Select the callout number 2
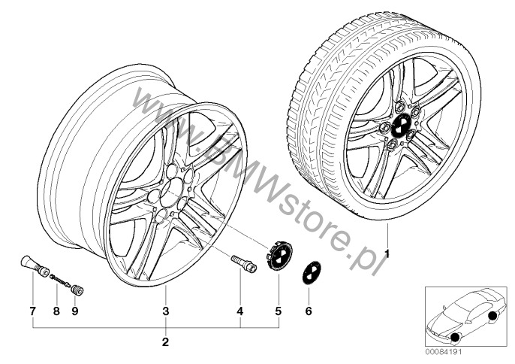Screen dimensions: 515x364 pyautogui.click(x=165, y=342)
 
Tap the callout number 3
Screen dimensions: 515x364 pyautogui.click(x=166, y=311)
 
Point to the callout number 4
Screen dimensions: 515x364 pyautogui.click(x=240, y=311)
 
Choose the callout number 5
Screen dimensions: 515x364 pyautogui.click(x=279, y=311)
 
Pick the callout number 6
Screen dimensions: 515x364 pyautogui.click(x=309, y=311)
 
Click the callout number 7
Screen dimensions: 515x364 pyautogui.click(x=32, y=311)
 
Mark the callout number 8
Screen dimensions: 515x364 pyautogui.click(x=56, y=311)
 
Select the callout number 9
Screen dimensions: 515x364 pyautogui.click(x=75, y=311)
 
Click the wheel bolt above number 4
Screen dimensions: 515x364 pyautogui.click(x=244, y=263)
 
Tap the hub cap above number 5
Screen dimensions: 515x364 pyautogui.click(x=279, y=257)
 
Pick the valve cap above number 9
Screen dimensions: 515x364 pyautogui.click(x=78, y=290)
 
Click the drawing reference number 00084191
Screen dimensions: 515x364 pyautogui.click(x=444, y=352)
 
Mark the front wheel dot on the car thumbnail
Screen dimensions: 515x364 pyautogui.click(x=455, y=338)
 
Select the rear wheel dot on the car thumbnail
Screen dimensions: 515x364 pyautogui.click(x=492, y=316)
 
